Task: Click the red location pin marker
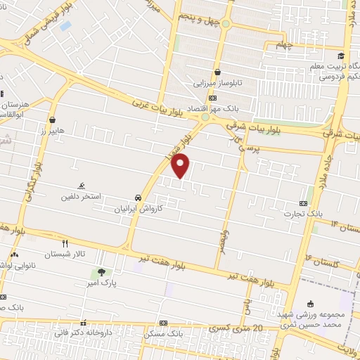pos(181,166)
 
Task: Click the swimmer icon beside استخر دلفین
pos(82,186)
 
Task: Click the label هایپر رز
pos(53,131)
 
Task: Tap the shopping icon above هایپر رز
pos(53,120)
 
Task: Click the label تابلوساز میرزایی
pos(218,82)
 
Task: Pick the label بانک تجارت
pos(304,213)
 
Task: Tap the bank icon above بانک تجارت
pos(304,202)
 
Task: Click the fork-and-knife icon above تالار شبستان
pos(65,243)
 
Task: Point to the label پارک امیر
pos(103,283)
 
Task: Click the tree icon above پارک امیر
pos(103,272)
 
